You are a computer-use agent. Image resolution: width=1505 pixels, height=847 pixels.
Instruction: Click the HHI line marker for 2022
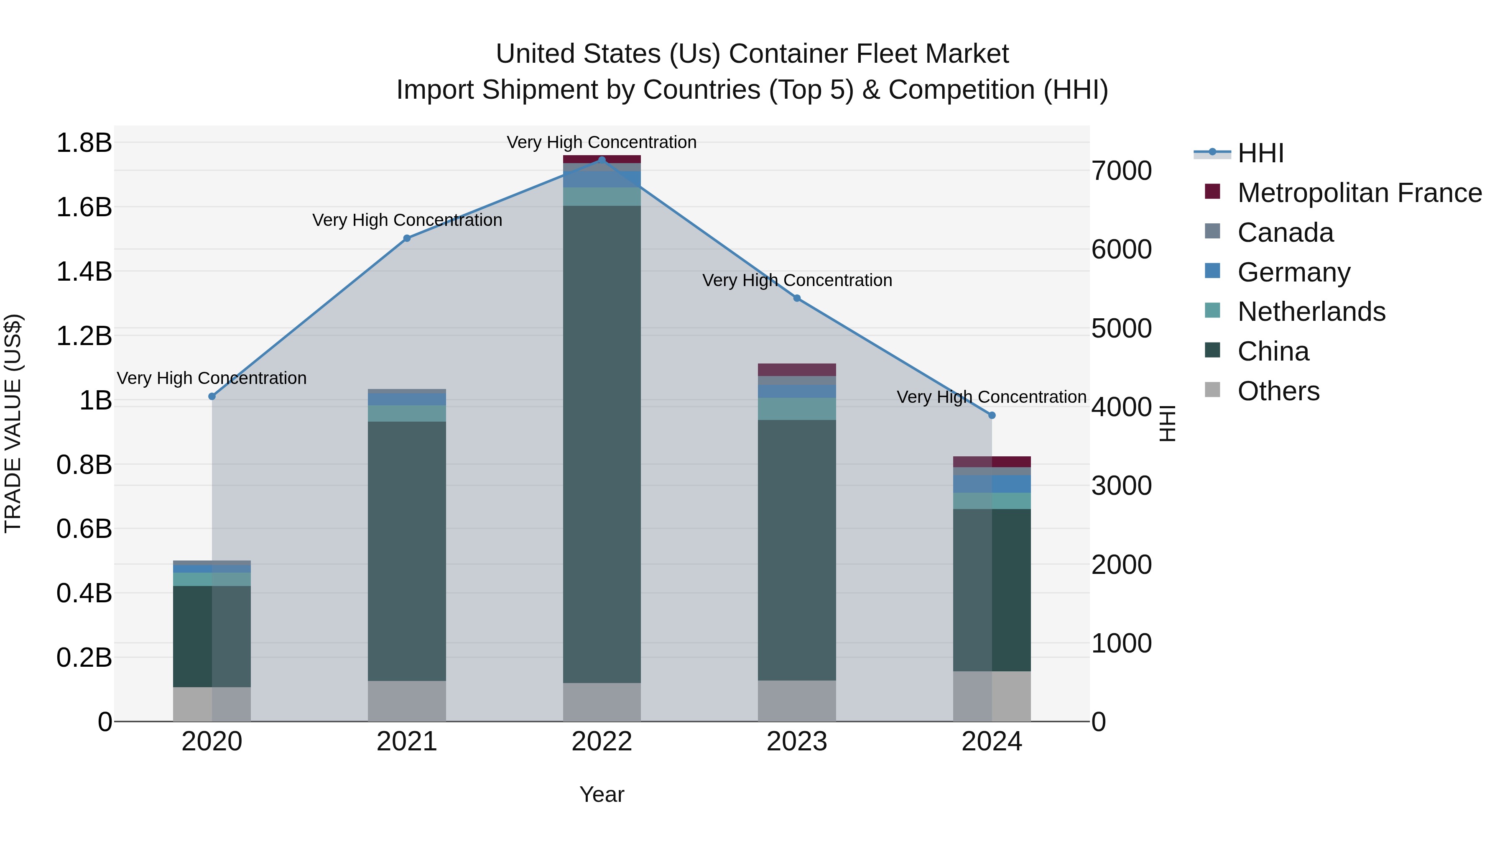602,160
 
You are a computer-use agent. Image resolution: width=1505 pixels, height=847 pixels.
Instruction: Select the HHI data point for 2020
212,397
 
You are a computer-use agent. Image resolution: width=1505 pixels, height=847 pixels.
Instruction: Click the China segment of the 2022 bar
602,444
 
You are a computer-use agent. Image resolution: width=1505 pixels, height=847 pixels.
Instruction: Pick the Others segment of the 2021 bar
407,701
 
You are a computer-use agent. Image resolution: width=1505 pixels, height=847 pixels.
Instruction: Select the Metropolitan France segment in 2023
797,369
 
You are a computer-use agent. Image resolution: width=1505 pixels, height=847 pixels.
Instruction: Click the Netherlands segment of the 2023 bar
797,409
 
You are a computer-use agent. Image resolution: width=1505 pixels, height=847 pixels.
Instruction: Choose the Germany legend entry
1293,272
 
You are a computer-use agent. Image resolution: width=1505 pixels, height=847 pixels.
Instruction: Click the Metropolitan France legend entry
1359,193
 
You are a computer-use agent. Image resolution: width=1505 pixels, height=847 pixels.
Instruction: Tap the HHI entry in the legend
1260,153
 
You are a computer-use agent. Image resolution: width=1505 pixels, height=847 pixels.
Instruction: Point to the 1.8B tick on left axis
84,143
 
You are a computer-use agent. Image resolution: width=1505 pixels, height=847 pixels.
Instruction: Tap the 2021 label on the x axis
407,742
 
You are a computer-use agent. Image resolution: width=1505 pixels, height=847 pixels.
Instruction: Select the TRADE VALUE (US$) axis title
13,423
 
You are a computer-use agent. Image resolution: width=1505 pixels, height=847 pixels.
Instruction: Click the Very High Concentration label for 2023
797,281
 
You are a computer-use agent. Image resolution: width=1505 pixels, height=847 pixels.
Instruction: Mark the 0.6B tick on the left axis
84,529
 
